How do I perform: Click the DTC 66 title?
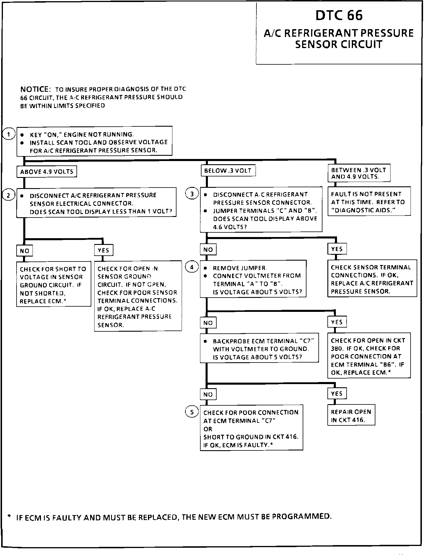(339, 15)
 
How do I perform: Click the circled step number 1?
(9, 134)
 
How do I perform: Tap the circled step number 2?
(8, 195)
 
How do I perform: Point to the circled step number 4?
(192, 267)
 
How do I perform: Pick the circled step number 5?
(192, 412)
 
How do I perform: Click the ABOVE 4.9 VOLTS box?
(47, 172)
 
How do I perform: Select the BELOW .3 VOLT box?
(228, 171)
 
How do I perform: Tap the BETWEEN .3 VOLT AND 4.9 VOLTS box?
(359, 173)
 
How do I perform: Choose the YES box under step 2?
(104, 250)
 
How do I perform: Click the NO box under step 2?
(24, 251)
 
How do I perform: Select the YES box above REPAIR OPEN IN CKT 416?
(337, 394)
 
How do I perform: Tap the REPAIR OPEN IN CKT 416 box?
(351, 416)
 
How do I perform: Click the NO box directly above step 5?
(208, 395)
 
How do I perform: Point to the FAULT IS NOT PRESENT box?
(369, 202)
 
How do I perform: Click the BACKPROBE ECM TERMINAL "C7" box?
(259, 349)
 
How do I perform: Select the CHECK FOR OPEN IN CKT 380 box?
(369, 356)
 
